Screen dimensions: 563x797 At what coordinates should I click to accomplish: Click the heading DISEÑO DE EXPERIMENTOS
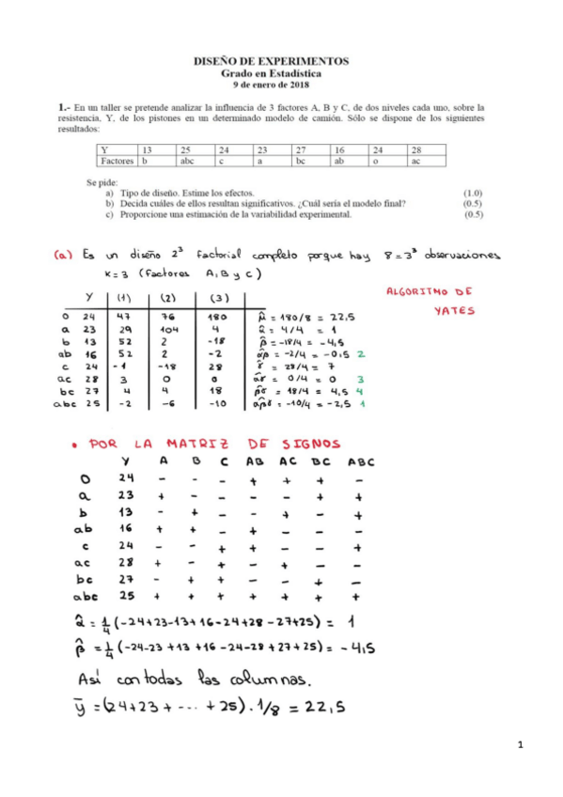tap(271, 60)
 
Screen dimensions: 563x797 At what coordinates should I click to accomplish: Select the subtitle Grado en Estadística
tap(271, 71)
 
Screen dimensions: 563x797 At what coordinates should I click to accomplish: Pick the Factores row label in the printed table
tap(119, 162)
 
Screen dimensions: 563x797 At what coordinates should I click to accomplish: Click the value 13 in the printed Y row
tap(147, 150)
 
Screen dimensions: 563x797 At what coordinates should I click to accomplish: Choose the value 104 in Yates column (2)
tap(169, 331)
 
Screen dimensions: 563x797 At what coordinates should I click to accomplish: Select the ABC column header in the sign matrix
tap(361, 461)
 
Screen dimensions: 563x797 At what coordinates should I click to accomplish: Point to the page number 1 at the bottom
tap(519, 744)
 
